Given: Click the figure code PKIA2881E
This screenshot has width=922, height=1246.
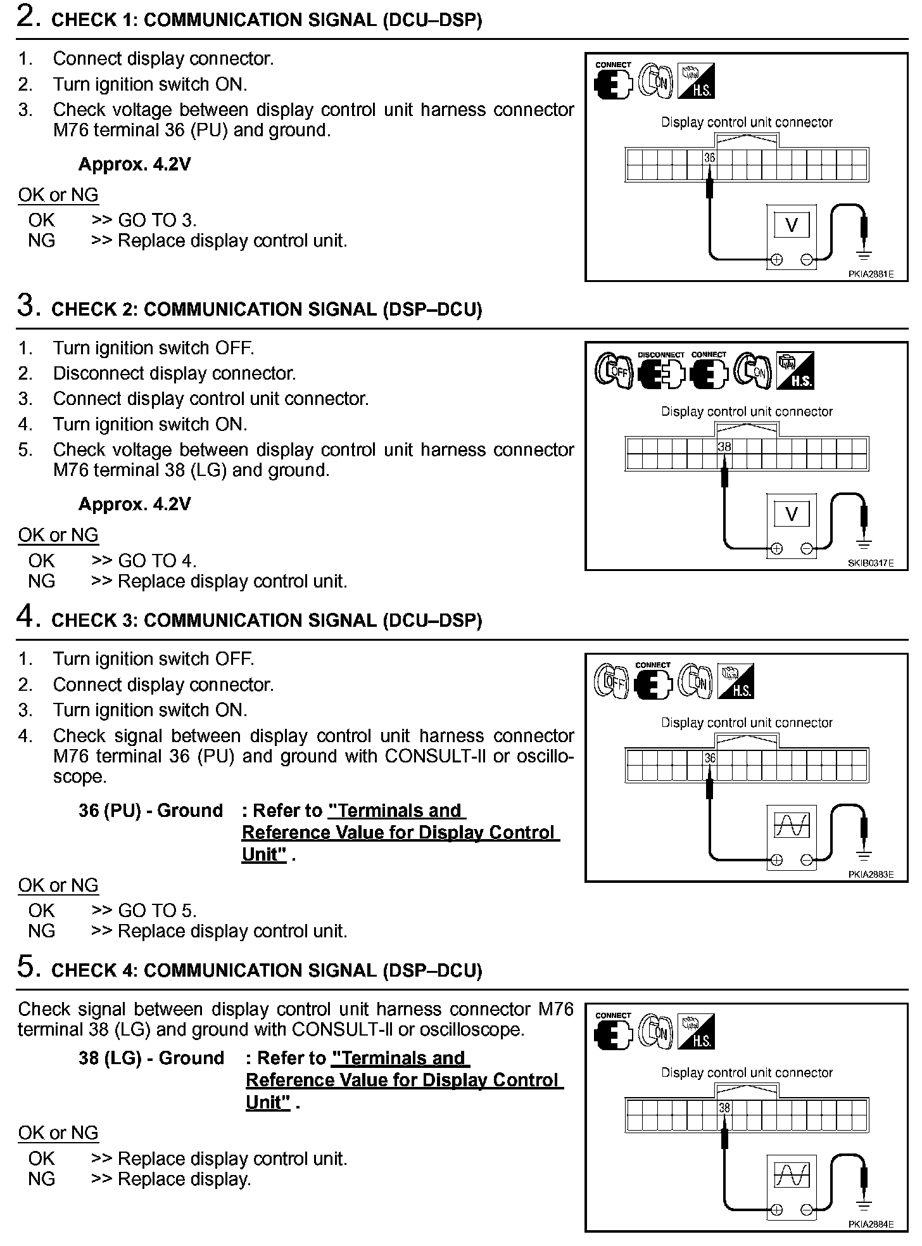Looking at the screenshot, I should pyautogui.click(x=871, y=274).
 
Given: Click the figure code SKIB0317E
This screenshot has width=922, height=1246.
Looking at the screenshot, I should pyautogui.click(x=871, y=563).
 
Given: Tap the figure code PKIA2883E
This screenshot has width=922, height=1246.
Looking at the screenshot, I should pyautogui.click(x=871, y=875).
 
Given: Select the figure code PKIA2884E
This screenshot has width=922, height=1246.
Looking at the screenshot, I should pyautogui.click(x=871, y=1224).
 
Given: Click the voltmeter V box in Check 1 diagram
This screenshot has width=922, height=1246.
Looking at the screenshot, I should pyautogui.click(x=792, y=225).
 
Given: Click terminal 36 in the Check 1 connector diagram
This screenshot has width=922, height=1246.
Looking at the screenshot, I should pyautogui.click(x=709, y=157).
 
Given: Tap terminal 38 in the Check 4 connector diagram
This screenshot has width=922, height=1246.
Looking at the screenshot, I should pyautogui.click(x=724, y=1107).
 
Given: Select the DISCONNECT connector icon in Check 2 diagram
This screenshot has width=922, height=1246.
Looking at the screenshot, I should pyautogui.click(x=661, y=372).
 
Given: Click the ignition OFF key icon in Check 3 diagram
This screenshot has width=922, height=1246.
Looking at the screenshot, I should pyautogui.click(x=611, y=681).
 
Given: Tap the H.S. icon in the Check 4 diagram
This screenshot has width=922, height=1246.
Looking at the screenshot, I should pyautogui.click(x=696, y=1031).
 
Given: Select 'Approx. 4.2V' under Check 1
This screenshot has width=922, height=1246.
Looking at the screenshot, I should pyautogui.click(x=134, y=165).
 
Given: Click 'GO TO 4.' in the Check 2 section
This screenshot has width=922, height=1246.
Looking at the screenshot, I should pyautogui.click(x=157, y=561).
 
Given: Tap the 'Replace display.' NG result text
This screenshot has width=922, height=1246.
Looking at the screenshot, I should pyautogui.click(x=184, y=1179).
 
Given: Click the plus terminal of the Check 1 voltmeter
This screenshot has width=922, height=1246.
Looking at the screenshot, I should pyautogui.click(x=776, y=259).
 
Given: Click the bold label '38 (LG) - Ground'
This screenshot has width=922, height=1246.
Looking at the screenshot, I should pyautogui.click(x=151, y=1058).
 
